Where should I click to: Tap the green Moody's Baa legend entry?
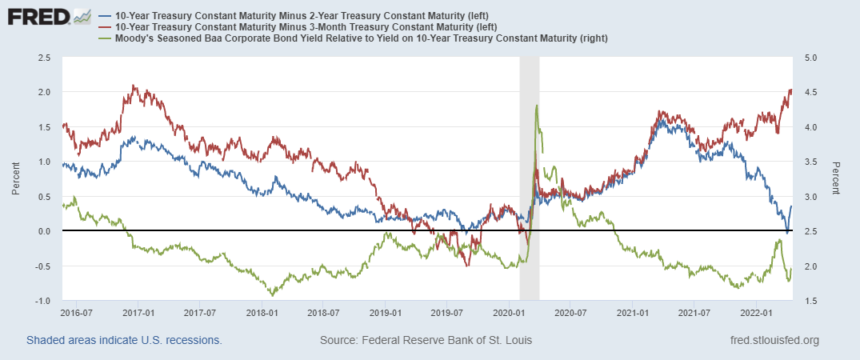pyautogui.click(x=352, y=38)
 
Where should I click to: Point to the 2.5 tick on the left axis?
pyautogui.click(x=44, y=58)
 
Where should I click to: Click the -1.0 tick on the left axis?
pyautogui.click(x=42, y=301)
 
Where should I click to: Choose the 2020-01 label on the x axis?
pyautogui.click(x=508, y=311)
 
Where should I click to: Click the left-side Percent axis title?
pyautogui.click(x=15, y=179)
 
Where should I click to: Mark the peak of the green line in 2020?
pyautogui.click(x=536, y=106)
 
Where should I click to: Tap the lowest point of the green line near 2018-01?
pyautogui.click(x=273, y=295)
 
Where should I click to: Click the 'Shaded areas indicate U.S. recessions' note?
pyautogui.click(x=124, y=340)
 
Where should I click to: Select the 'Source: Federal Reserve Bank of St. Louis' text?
pyautogui.click(x=426, y=340)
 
